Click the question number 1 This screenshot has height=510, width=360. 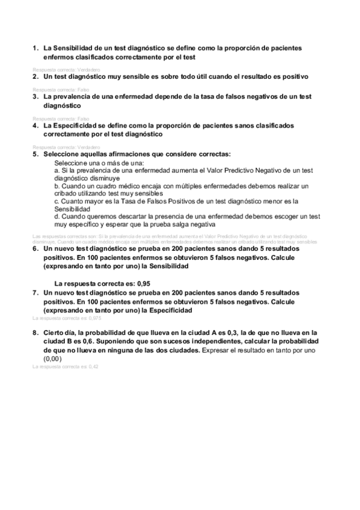pyautogui.click(x=34, y=48)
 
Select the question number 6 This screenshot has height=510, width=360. pyautogui.click(x=34, y=248)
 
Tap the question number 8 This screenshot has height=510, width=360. pyautogui.click(x=34, y=332)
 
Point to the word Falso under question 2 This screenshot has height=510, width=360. pyautogui.click(x=83, y=89)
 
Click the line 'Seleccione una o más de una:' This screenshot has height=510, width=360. pyautogui.click(x=95, y=163)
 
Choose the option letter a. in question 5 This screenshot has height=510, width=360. pyautogui.click(x=56, y=171)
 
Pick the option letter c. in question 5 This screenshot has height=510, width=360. pyautogui.click(x=56, y=201)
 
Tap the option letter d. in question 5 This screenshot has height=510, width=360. pyautogui.click(x=56, y=216)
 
